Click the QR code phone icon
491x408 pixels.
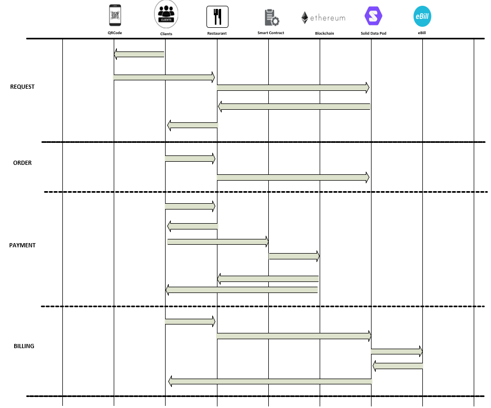coord(115,15)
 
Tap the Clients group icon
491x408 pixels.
coord(166,14)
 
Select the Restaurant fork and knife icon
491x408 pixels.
coord(217,17)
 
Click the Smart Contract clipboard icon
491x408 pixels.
coord(271,17)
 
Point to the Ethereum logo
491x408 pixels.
coord(323,17)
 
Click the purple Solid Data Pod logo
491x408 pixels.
coord(373,16)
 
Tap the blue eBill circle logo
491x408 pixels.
coord(422,16)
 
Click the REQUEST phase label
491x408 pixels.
coord(22,87)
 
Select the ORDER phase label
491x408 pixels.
coord(22,163)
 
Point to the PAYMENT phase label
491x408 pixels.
coord(22,245)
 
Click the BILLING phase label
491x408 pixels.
coord(24,346)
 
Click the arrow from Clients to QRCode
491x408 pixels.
coord(139,54)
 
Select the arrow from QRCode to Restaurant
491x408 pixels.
coord(164,77)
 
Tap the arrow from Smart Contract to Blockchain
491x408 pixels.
coord(294,256)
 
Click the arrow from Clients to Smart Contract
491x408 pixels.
coord(218,242)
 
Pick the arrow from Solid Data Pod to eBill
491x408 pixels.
coord(397,351)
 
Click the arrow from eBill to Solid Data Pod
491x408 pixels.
coord(398,366)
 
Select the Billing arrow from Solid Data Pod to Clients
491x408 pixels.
coord(270,381)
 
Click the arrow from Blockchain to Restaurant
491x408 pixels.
coord(268,278)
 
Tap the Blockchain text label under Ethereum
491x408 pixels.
coord(324,33)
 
